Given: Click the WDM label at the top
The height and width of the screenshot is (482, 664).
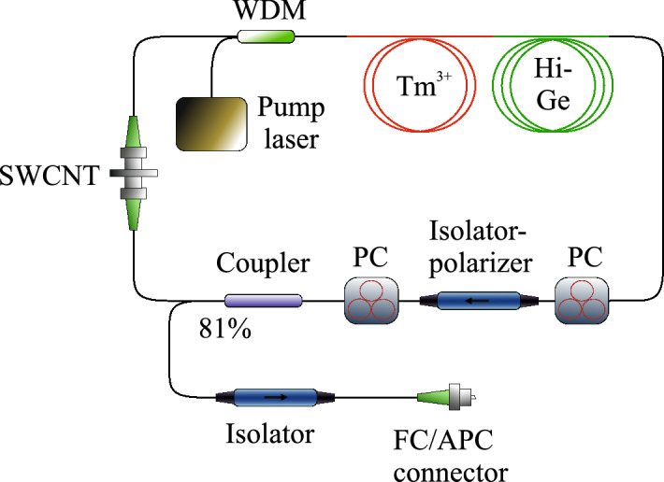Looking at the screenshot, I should tap(264, 13).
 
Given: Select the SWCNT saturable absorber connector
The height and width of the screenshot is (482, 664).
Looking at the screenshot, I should tap(131, 174).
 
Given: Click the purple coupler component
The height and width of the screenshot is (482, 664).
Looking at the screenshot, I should tap(263, 301).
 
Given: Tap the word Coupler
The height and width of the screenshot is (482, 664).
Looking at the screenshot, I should tap(263, 265).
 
